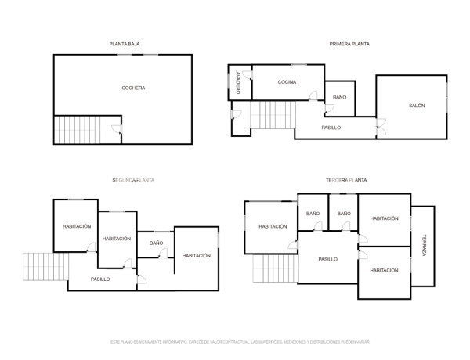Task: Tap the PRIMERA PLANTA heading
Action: (349, 44)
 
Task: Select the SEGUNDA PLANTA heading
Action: (132, 180)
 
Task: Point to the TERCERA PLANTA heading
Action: (346, 180)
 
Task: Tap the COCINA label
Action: (286, 81)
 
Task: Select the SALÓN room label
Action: (416, 106)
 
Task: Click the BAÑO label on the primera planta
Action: (339, 97)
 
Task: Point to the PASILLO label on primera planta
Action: (331, 128)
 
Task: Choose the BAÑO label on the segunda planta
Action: (156, 243)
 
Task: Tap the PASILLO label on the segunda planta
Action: (100, 279)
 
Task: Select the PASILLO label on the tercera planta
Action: (327, 259)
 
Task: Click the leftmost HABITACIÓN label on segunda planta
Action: (78, 227)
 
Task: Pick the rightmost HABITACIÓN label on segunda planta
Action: (196, 256)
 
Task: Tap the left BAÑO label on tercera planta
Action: (313, 214)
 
